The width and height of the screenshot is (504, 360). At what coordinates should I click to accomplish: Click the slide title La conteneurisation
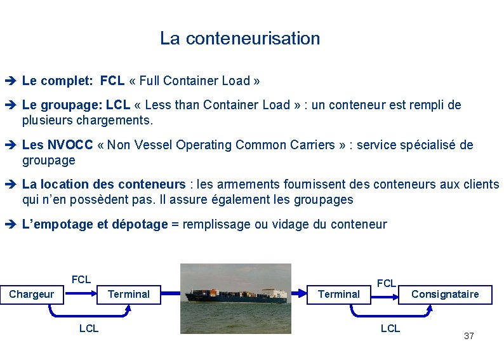coord(240,39)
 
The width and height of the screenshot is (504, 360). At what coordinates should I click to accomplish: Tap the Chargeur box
coord(31,295)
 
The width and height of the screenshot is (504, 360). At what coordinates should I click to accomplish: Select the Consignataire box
coord(445,295)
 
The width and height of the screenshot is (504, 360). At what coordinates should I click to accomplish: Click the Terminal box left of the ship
coord(128,295)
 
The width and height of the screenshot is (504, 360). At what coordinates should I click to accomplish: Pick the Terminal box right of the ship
coord(338,295)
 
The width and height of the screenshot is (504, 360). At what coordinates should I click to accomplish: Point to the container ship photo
coord(235,298)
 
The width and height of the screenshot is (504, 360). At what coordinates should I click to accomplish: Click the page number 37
coord(469,336)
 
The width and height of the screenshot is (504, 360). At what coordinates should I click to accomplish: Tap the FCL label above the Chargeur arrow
coord(81,279)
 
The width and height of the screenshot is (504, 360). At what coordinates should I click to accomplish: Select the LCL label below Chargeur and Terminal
coord(88,328)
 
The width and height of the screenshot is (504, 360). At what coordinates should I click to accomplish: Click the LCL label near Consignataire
coord(390,328)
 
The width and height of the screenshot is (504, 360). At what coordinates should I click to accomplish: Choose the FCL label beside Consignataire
coord(387,283)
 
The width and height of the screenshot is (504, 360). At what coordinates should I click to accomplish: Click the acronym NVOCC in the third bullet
coord(72,145)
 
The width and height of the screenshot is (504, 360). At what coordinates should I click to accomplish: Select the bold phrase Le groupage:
coord(62,105)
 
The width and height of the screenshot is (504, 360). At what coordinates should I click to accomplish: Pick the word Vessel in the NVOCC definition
coord(154,145)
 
